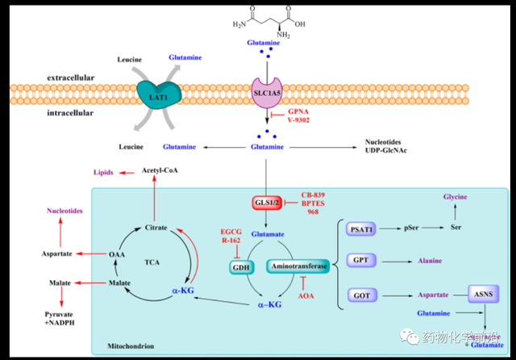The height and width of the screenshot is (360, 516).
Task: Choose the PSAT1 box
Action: tap(361, 229)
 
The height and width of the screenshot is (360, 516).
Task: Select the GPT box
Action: tap(360, 261)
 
